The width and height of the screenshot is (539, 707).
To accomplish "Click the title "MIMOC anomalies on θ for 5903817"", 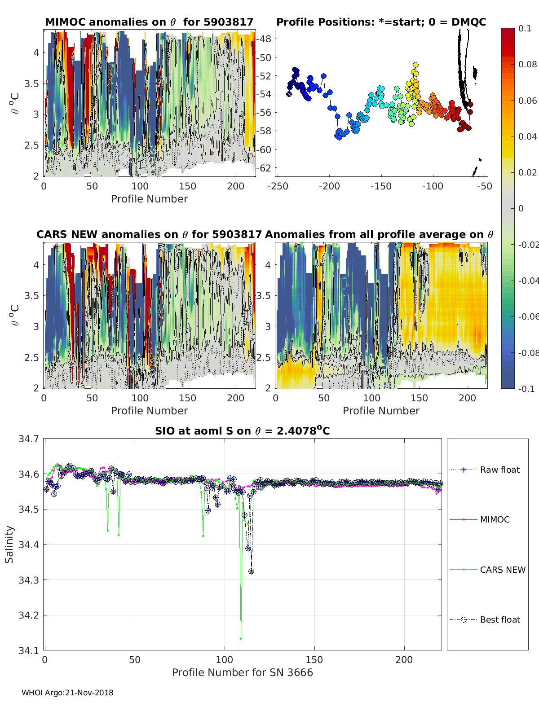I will click(149, 22).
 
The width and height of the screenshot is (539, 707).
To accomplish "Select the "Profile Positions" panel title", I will click(381, 22).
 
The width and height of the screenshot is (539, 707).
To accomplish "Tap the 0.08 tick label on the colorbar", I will click(527, 64).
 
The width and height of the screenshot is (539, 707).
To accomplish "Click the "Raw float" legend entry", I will click(499, 470).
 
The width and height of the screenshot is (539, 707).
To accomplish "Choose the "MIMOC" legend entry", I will click(495, 519).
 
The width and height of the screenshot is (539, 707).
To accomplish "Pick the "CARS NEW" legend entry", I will click(502, 570).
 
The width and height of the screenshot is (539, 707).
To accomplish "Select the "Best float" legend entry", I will click(499, 619).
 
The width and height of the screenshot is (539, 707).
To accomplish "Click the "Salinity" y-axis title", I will click(9, 544).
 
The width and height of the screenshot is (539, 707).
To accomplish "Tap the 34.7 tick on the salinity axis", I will click(29, 439).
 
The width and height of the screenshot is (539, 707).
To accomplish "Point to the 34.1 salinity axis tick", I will click(29, 650).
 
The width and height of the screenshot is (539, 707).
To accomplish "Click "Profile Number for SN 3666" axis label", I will click(243, 672).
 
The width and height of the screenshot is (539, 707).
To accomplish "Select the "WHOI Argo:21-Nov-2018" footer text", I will click(67, 693).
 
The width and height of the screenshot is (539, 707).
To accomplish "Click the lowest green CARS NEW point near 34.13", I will click(241, 638).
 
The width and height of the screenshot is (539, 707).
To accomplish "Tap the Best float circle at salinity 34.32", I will click(251, 571).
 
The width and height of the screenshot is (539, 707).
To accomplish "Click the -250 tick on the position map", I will click(278, 186).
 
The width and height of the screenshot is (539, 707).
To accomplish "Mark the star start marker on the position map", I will click(289, 94).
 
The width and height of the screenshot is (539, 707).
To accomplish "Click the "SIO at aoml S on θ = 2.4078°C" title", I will click(243, 431).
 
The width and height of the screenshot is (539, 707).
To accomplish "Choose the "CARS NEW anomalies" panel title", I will click(149, 234).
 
